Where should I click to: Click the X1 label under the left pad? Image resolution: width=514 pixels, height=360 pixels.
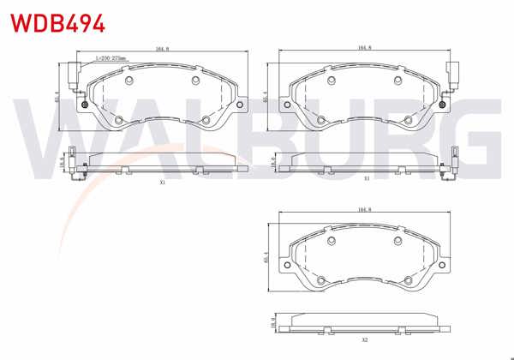point(162,183)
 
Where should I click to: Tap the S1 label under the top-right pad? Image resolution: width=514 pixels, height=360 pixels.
point(366,178)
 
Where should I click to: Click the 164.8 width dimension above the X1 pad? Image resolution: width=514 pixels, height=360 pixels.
point(162,50)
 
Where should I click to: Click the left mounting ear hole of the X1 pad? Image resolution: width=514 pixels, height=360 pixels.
point(85,105)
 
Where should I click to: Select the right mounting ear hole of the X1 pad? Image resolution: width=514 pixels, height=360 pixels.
point(241,105)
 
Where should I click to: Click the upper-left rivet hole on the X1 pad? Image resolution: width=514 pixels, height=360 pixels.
point(129,81)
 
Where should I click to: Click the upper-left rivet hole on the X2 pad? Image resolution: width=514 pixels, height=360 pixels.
point(332,241)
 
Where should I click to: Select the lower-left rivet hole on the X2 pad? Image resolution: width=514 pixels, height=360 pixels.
point(323,281)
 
